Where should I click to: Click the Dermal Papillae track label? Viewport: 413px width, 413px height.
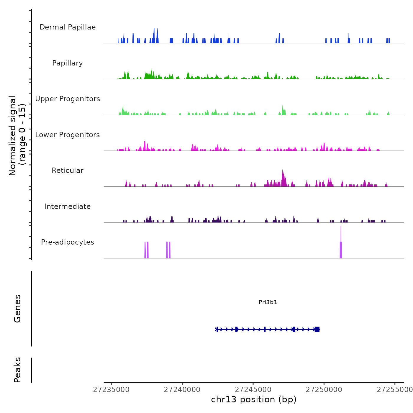click(68, 27)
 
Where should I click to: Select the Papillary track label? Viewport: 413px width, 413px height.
click(68, 63)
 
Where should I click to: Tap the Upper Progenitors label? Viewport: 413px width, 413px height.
click(68, 99)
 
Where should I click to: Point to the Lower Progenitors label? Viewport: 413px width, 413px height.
click(68, 135)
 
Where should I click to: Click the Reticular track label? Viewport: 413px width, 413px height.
click(68, 171)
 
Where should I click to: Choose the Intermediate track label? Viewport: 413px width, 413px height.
click(68, 206)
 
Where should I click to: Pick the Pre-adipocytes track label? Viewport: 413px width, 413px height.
click(68, 242)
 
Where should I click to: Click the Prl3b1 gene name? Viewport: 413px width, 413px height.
click(268, 302)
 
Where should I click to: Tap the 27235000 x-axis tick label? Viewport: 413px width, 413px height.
click(111, 390)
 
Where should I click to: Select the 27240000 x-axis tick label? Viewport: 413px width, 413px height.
click(182, 390)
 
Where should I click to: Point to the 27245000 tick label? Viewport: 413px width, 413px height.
click(253, 390)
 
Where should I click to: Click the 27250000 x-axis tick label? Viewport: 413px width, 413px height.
click(324, 390)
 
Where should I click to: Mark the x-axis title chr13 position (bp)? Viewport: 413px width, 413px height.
click(254, 399)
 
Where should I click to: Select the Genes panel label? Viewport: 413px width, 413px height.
click(17, 309)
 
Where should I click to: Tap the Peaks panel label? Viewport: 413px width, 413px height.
click(17, 370)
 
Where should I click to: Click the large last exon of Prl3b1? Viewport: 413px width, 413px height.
click(317, 329)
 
